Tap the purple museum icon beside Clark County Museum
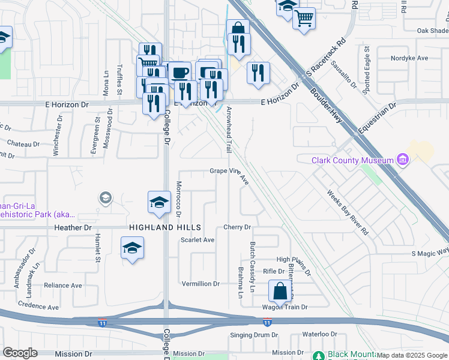[x=403, y=160]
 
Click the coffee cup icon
[x=179, y=73]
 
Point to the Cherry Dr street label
[x=237, y=227]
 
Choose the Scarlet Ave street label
[x=197, y=240]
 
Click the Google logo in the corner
[x=20, y=353]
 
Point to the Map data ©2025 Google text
[x=411, y=356]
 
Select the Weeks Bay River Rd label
[x=348, y=212]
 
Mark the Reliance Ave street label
[x=62, y=286]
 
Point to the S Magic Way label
[x=430, y=253]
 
